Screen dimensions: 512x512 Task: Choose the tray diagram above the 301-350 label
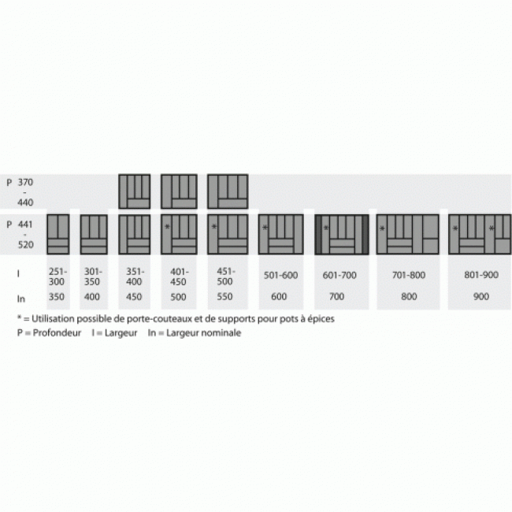[x=94, y=233]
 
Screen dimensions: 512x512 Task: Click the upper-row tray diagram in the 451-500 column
[x=228, y=191]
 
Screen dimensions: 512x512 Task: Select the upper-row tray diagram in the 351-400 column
[x=134, y=191]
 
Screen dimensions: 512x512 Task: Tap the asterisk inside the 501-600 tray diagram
[x=265, y=228]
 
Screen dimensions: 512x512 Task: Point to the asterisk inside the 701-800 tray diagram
[x=383, y=229]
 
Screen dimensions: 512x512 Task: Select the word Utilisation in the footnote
[x=52, y=319]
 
